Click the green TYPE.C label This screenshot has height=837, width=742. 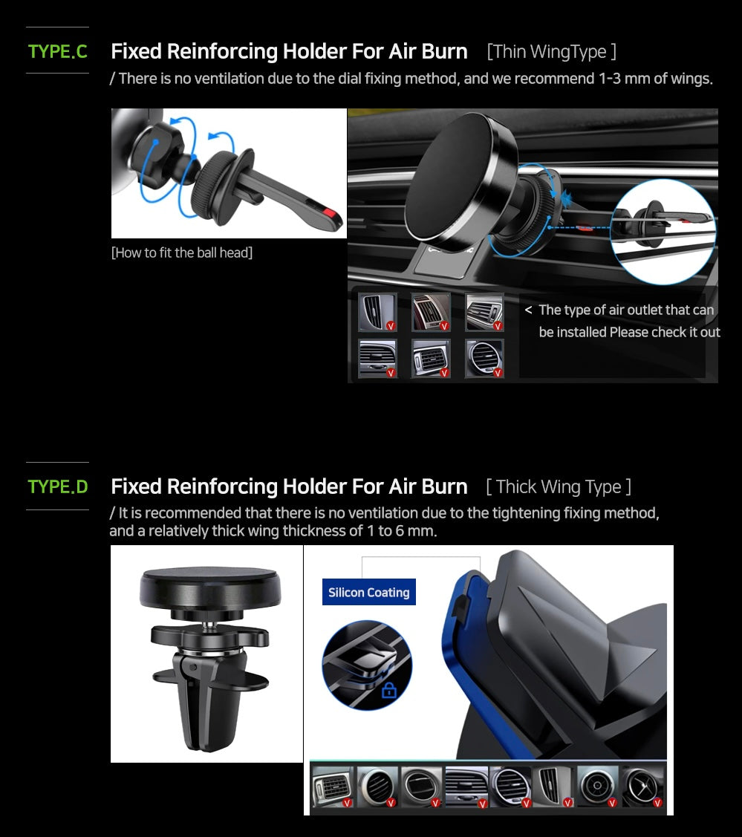point(57,51)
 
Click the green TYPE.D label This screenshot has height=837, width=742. point(57,486)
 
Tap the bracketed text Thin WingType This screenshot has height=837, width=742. point(551,51)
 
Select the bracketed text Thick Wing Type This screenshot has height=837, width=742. point(559,487)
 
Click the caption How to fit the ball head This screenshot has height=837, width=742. point(182,253)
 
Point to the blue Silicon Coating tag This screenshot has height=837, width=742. point(368,593)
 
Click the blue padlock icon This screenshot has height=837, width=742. point(389,691)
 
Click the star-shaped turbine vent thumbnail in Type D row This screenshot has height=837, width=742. point(642,786)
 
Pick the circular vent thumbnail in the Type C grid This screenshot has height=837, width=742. point(485,359)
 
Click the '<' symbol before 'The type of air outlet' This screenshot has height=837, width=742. point(528,310)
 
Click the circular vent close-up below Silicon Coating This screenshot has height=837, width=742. point(367,665)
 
